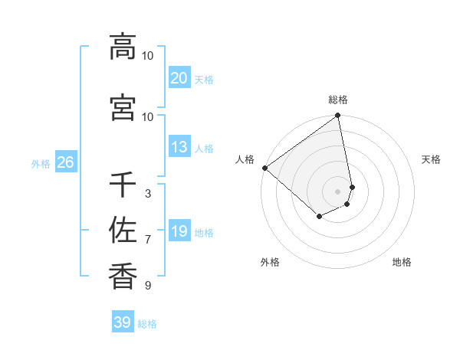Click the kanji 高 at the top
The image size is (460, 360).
123,47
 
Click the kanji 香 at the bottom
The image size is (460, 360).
123,274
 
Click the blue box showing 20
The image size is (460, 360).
179,78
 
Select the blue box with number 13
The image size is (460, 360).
179,147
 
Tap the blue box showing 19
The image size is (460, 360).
179,231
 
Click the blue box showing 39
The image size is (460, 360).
123,322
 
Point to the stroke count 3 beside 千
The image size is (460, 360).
148,194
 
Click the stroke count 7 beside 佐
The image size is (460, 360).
148,240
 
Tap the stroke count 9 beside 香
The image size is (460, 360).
148,286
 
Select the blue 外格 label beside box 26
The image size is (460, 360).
41,163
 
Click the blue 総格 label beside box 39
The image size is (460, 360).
148,324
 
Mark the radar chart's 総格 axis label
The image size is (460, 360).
338,100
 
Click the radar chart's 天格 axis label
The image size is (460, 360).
432,159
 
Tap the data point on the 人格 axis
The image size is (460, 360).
264,168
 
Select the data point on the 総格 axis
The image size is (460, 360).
338,116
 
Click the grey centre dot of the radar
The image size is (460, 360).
338,191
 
